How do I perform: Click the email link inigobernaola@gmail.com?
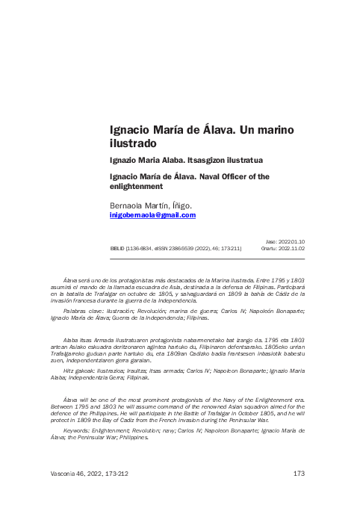tap(152, 215)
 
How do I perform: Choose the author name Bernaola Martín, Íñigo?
tap(151, 205)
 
